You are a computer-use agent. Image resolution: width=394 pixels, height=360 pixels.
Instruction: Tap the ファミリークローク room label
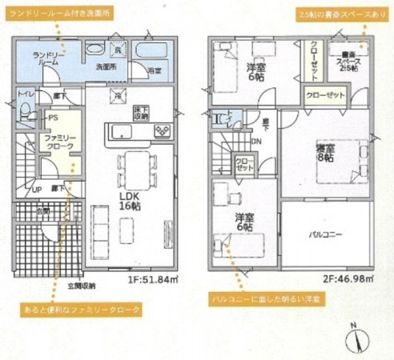59,143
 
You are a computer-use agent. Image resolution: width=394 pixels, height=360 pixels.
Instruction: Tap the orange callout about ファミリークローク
92,308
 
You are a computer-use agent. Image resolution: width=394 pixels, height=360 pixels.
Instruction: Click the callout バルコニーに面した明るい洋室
267,298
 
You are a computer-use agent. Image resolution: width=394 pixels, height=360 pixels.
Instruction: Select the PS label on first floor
53,118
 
